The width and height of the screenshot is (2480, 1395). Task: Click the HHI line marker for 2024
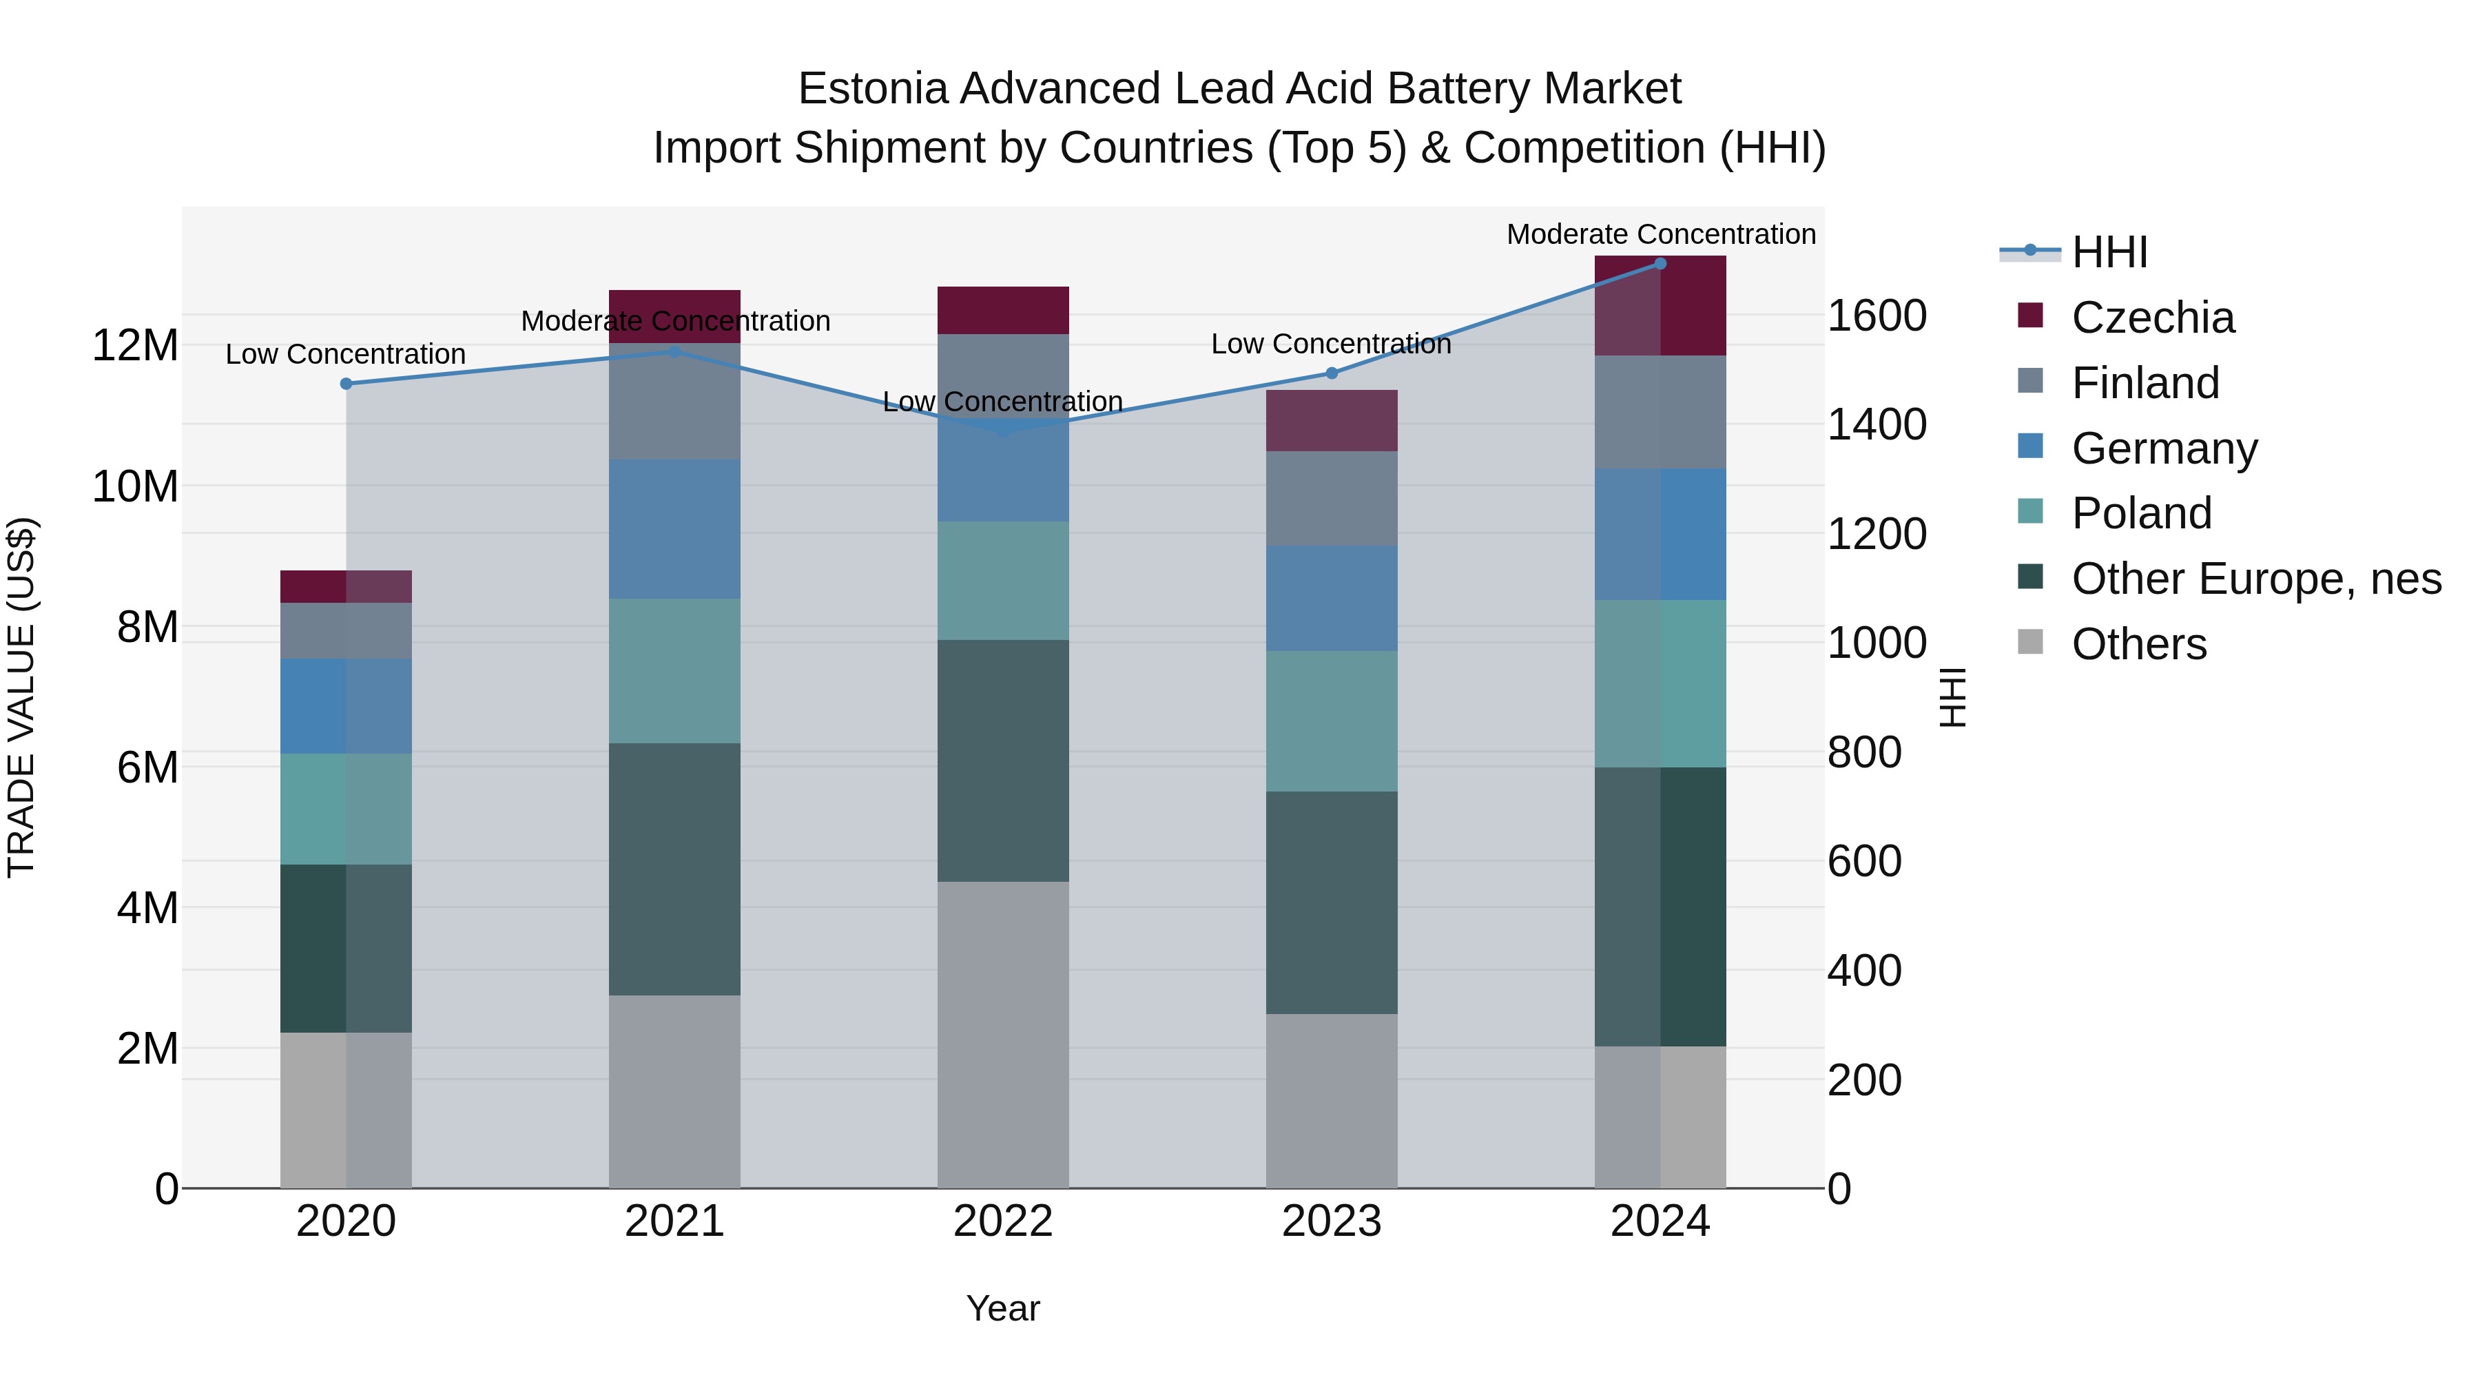1660,264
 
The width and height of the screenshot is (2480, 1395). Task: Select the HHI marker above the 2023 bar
1332,373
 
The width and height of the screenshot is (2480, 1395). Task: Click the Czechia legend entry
2153,318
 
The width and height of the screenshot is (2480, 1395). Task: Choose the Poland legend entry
2141,513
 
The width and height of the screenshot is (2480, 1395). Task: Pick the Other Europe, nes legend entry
2255,579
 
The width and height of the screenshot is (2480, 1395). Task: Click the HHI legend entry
2109,252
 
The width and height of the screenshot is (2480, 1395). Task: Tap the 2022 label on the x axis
1003,1221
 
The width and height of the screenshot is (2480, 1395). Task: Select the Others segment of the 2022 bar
1003,1035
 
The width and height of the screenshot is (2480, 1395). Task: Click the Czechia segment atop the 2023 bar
1332,421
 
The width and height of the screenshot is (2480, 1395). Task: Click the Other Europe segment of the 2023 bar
1332,902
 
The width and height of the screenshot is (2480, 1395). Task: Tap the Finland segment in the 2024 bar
1660,412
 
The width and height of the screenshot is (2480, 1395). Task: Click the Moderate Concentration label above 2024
1660,235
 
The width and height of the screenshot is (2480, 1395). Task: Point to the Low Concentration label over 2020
346,354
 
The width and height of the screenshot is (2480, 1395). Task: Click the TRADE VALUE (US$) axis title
21,697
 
